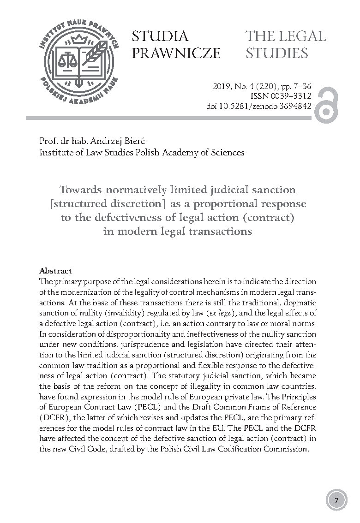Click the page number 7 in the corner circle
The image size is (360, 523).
(x=337, y=500)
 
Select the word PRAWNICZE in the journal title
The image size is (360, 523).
(x=176, y=53)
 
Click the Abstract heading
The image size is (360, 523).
(x=55, y=271)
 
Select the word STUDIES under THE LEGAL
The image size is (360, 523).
(x=277, y=53)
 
